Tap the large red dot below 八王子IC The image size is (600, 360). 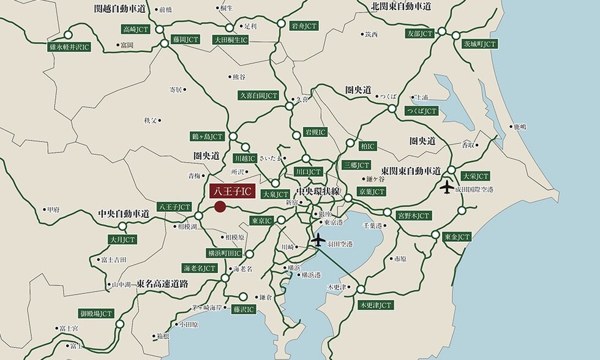click(x=220, y=208)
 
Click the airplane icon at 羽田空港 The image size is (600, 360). click(x=318, y=241)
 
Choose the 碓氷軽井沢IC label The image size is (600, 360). click(x=70, y=47)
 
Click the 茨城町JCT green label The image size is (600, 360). click(x=480, y=44)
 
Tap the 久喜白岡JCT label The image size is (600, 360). click(x=258, y=96)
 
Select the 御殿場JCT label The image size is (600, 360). click(x=97, y=313)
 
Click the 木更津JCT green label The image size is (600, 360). click(x=375, y=304)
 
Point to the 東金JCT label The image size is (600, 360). click(x=457, y=236)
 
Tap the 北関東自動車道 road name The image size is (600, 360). click(x=401, y=6)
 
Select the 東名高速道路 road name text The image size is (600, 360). click(x=162, y=284)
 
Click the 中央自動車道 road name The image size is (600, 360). click(x=124, y=214)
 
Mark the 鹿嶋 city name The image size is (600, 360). click(x=520, y=127)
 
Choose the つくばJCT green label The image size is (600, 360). click(x=421, y=111)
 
